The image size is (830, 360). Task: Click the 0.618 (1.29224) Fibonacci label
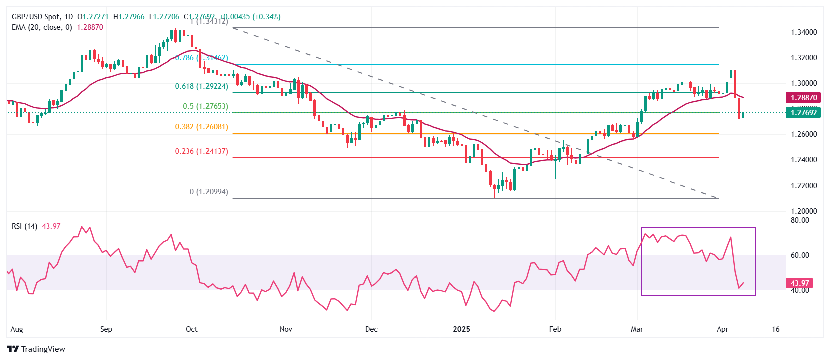click(x=201, y=86)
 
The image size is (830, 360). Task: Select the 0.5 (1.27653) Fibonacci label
click(x=205, y=106)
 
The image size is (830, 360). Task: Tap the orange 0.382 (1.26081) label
click(x=201, y=127)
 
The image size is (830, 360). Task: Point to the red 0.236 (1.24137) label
click(x=201, y=151)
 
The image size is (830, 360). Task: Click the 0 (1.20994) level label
click(x=209, y=192)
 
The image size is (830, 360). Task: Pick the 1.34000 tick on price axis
click(x=804, y=32)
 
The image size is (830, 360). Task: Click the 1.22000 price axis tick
click(x=804, y=186)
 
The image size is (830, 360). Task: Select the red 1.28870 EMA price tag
click(x=804, y=98)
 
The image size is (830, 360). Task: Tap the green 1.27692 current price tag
click(x=804, y=113)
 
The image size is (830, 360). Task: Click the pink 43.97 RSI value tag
click(x=800, y=283)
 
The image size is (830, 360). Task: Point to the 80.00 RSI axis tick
click(x=800, y=220)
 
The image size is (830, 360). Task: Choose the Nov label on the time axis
click(x=286, y=329)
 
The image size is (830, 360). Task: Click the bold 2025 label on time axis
click(x=461, y=329)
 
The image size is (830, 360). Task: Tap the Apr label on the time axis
click(x=722, y=329)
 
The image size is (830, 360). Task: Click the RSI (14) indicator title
click(x=24, y=226)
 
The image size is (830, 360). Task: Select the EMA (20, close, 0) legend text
click(x=42, y=27)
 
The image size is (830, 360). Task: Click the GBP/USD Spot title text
click(x=35, y=17)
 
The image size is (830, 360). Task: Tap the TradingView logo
click(x=36, y=349)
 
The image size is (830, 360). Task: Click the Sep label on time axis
click(x=106, y=329)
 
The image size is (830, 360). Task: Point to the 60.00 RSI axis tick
click(x=800, y=255)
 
